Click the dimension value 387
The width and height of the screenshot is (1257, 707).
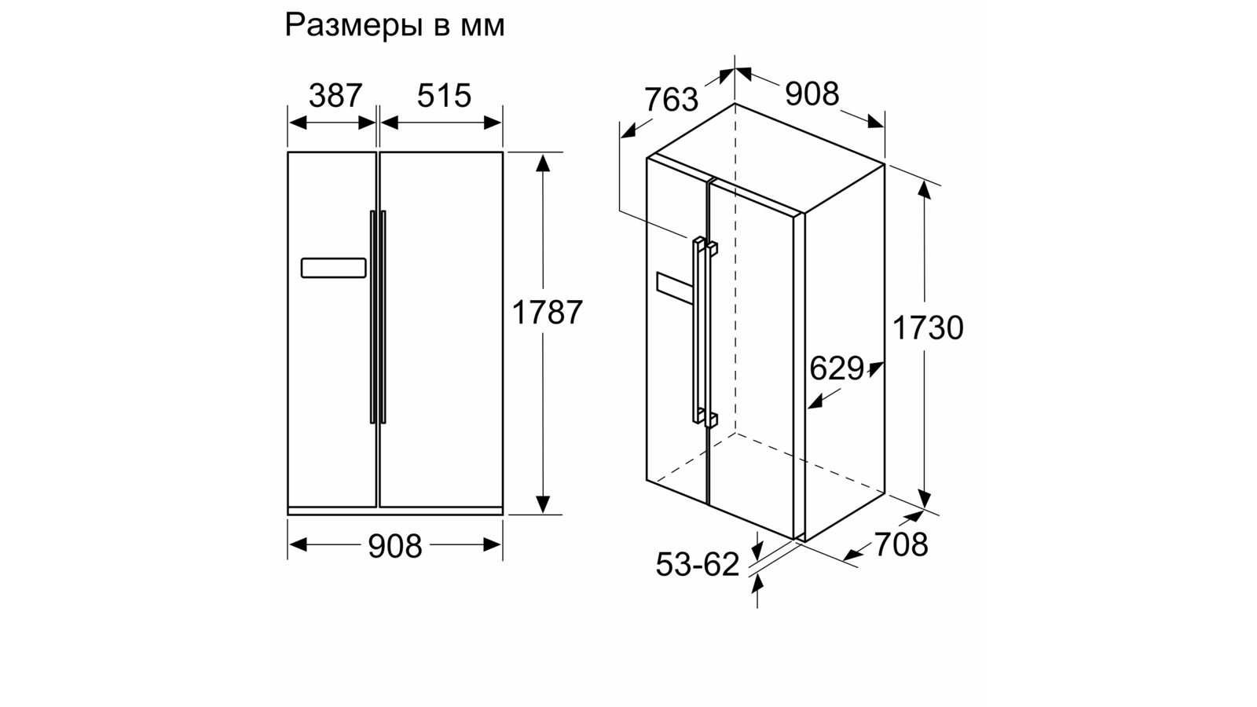pyautogui.click(x=335, y=96)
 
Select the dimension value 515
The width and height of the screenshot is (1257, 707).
pyautogui.click(x=444, y=96)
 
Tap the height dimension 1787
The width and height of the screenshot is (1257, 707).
pyautogui.click(x=548, y=313)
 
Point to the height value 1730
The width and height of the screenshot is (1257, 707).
pyautogui.click(x=928, y=328)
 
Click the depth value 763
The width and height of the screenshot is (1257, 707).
pyautogui.click(x=671, y=100)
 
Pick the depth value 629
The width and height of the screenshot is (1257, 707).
pyautogui.click(x=837, y=368)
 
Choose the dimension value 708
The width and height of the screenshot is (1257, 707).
pyautogui.click(x=901, y=544)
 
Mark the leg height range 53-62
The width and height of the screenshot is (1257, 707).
pyautogui.click(x=698, y=564)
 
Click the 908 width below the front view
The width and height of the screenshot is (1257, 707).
pyautogui.click(x=395, y=546)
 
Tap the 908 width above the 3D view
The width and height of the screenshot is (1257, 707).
pyautogui.click(x=812, y=93)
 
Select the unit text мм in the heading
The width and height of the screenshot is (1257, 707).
pyautogui.click(x=480, y=26)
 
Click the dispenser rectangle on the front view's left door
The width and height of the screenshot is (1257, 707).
pyautogui.click(x=333, y=268)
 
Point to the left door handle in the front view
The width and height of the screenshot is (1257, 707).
pyautogui.click(x=372, y=317)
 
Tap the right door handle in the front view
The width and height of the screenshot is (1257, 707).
pyautogui.click(x=383, y=317)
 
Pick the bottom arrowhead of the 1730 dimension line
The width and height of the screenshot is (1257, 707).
pyautogui.click(x=925, y=500)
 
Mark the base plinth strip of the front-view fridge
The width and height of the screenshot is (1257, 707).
pyautogui.click(x=395, y=511)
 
